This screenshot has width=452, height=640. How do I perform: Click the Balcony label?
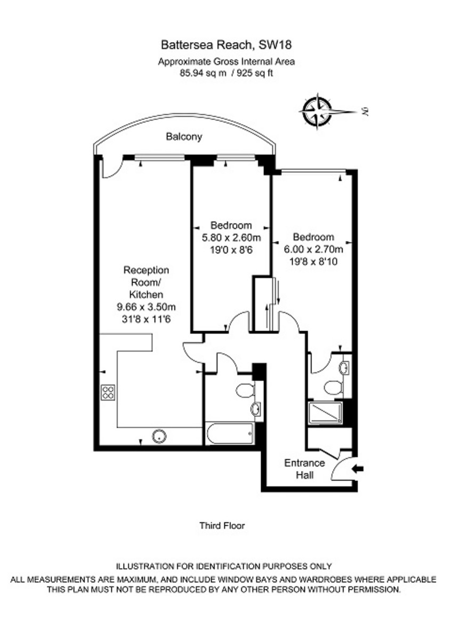pyautogui.click(x=184, y=137)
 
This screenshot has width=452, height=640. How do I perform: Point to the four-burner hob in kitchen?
pyautogui.click(x=108, y=393)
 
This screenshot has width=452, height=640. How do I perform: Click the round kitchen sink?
pyautogui.click(x=159, y=436)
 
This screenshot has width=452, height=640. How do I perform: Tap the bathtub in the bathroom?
pyautogui.click(x=230, y=434)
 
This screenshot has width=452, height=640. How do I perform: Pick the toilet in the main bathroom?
pyautogui.click(x=246, y=390)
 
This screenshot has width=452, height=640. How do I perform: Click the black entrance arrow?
pyautogui.click(x=359, y=469)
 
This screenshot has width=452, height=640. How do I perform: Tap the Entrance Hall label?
pyautogui.click(x=304, y=468)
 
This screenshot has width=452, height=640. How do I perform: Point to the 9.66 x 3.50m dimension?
pyautogui.click(x=146, y=307)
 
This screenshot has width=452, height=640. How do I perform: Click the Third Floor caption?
pyautogui.click(x=222, y=526)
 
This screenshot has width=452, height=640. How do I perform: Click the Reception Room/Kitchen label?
pyautogui.click(x=146, y=282)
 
